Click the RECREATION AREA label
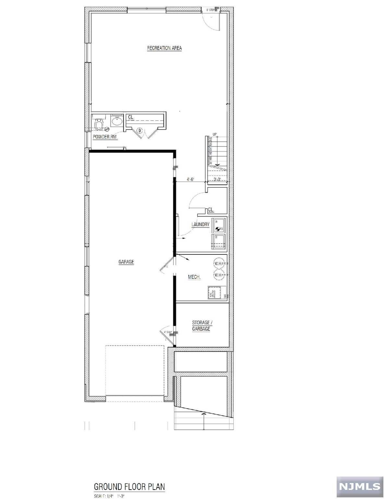point(164,48)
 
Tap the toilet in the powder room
point(99,124)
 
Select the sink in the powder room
point(116,122)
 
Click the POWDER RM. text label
point(105,137)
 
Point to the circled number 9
point(139,131)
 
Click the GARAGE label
point(126,262)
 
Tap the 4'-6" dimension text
point(190,179)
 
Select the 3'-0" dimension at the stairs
point(217,179)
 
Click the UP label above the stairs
point(215,134)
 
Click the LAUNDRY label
point(200,224)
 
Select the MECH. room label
point(194,277)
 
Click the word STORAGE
point(200,323)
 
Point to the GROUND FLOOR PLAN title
point(129,487)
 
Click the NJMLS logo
point(360,486)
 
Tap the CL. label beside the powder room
point(131,117)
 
